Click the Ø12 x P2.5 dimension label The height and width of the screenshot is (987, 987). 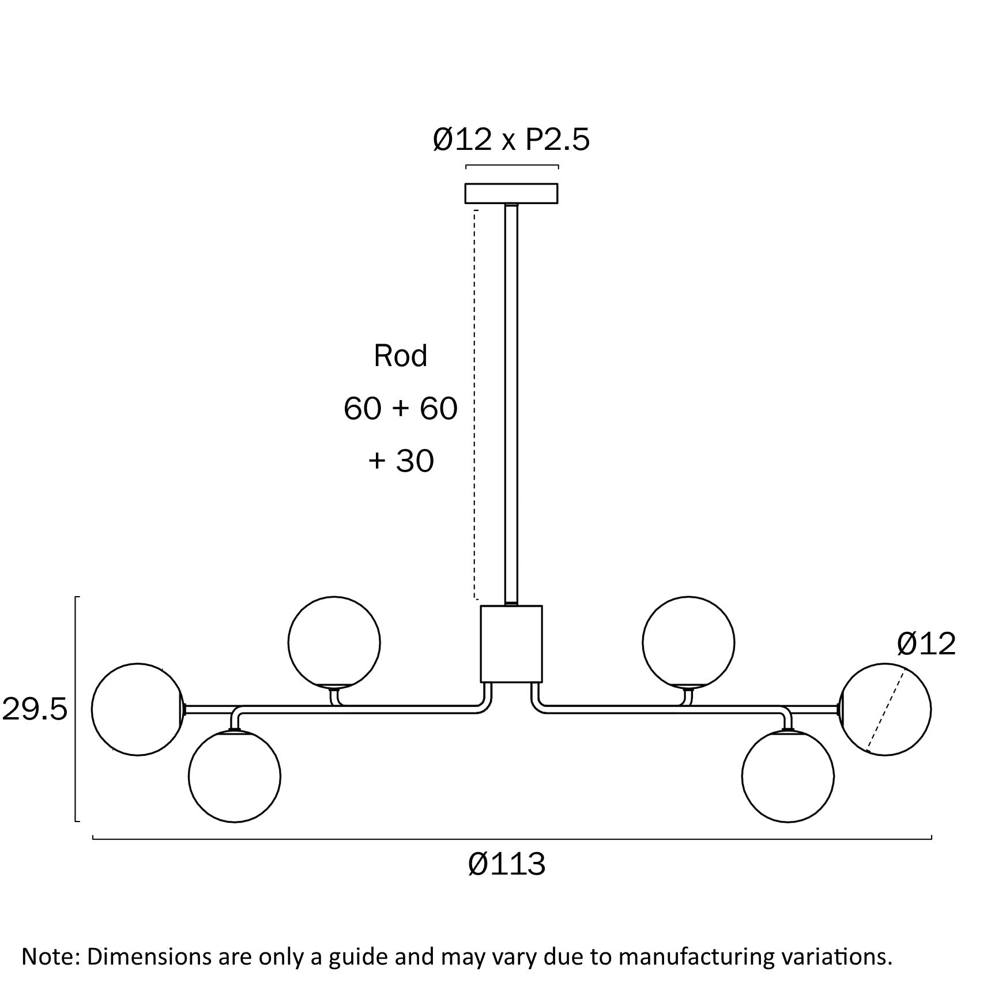tap(511, 140)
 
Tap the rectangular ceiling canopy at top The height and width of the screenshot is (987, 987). tap(511, 193)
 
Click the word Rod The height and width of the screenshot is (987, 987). tap(401, 356)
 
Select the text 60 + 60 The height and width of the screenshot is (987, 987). tap(401, 408)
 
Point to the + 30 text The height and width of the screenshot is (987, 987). tap(401, 461)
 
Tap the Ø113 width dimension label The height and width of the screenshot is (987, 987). tap(507, 864)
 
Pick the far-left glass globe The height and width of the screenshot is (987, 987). tap(138, 709)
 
